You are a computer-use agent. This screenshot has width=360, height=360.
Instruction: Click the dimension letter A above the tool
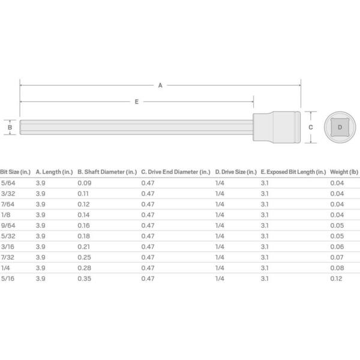click(160, 85)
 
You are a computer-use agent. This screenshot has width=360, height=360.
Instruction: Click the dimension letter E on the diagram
click(137, 102)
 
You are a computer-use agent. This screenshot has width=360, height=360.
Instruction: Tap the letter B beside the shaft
click(10, 127)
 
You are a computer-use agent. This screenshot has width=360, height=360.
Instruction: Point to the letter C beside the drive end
click(311, 127)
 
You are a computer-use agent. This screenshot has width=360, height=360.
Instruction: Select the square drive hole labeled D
click(340, 127)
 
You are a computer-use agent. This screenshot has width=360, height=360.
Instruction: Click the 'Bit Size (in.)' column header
click(15, 172)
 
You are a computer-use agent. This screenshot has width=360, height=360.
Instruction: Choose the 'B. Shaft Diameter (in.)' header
click(107, 172)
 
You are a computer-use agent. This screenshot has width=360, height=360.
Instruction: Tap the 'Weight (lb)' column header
click(344, 172)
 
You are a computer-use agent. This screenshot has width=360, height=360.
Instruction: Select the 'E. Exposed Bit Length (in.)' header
click(293, 172)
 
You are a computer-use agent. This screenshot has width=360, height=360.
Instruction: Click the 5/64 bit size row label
click(8, 183)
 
